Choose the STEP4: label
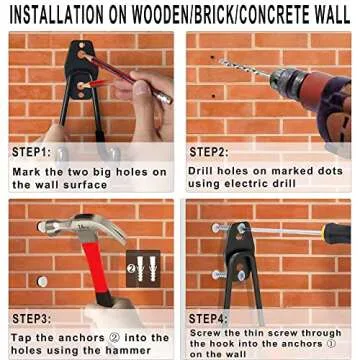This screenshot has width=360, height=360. (210, 318)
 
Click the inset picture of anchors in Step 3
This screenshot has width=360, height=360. (142, 270)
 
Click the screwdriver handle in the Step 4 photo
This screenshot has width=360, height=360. (336, 234)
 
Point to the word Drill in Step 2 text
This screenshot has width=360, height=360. (203, 171)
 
